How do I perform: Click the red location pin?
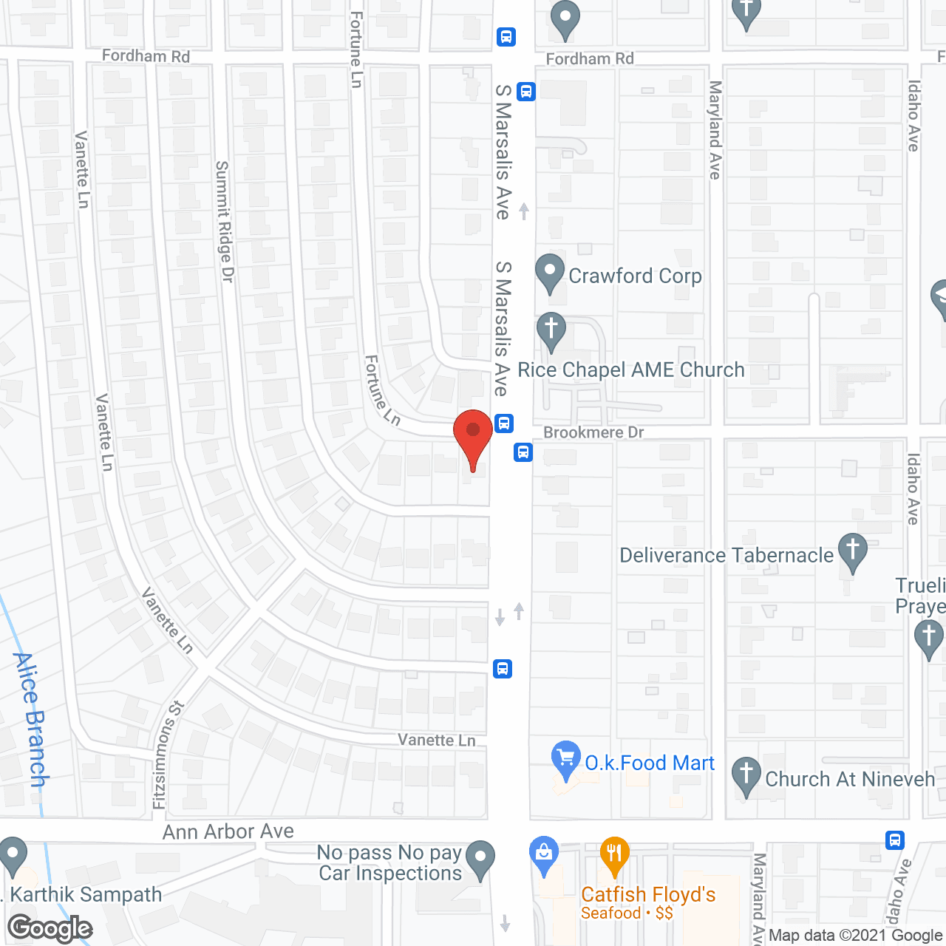(473, 435)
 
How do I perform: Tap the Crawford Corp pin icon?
(549, 273)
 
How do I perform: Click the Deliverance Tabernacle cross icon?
(852, 551)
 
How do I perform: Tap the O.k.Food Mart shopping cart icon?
(566, 760)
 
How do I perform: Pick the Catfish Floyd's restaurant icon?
(614, 856)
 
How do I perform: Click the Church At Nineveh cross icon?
(746, 776)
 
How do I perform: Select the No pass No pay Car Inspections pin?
(480, 860)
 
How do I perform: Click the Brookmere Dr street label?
(593, 432)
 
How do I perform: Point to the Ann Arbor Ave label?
(228, 831)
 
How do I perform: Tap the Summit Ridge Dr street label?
(224, 221)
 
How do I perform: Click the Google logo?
(50, 928)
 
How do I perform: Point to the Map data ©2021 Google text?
(855, 936)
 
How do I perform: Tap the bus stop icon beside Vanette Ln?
(503, 669)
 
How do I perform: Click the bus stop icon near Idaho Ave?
(894, 840)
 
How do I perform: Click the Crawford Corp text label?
(635, 276)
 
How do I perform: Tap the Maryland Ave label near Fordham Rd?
(715, 130)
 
